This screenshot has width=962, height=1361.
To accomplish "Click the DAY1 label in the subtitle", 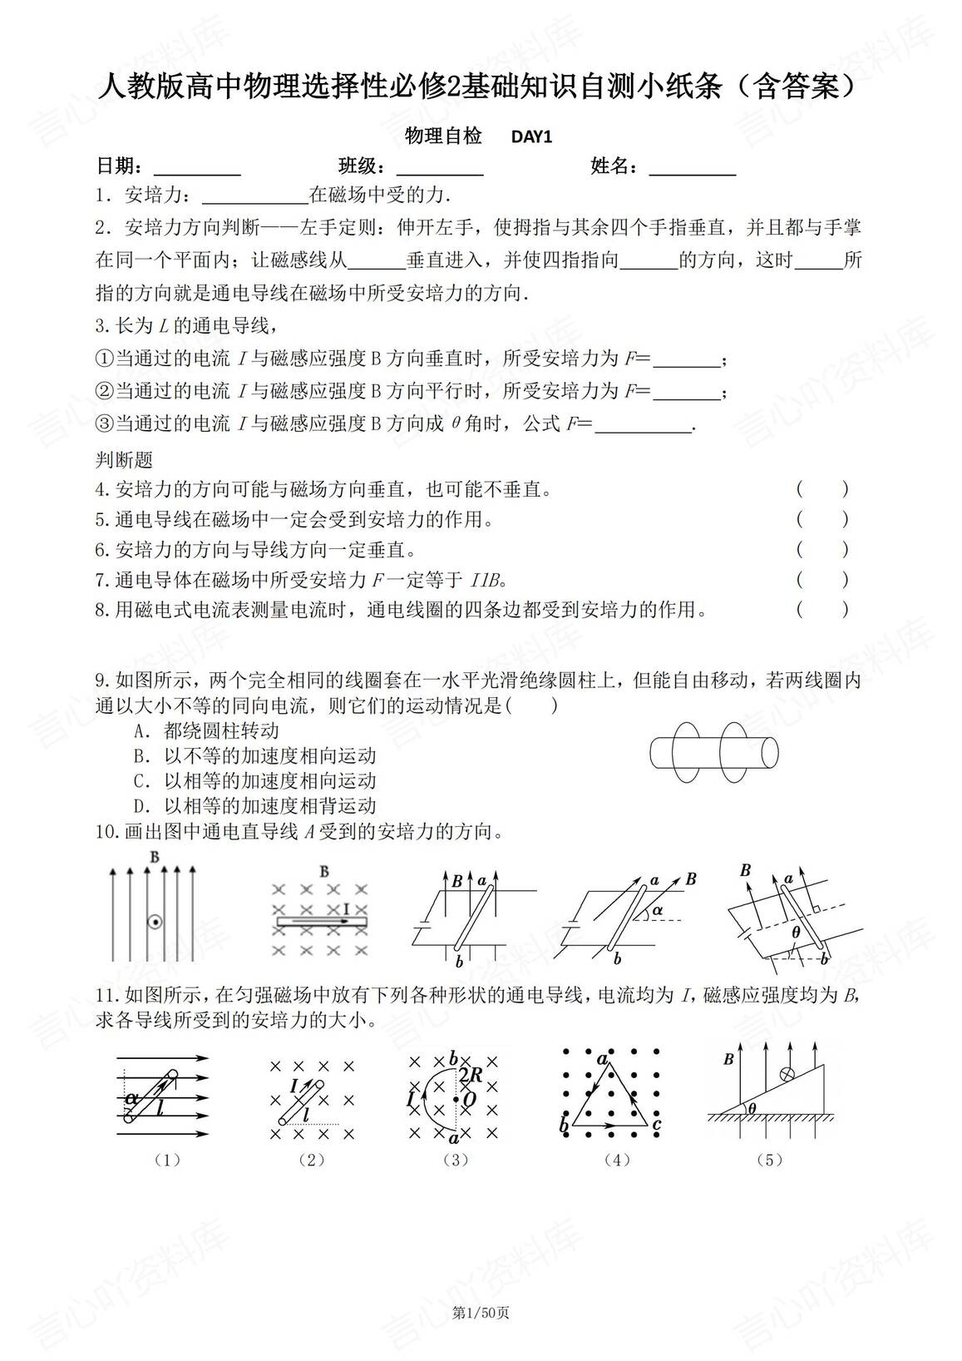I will (x=531, y=137).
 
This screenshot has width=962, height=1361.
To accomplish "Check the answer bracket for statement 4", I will (x=821, y=489).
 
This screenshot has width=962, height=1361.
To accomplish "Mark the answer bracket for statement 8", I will (x=821, y=610).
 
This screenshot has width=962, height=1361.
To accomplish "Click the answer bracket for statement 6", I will (x=821, y=549).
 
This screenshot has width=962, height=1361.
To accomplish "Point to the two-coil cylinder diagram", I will (x=713, y=751).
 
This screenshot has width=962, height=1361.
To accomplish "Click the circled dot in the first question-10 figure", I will (x=154, y=922).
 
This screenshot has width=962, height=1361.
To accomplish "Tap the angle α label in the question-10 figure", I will (x=657, y=910).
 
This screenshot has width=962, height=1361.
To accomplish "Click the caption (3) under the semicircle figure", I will (x=456, y=1160).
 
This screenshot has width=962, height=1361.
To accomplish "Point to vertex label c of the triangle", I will (x=656, y=1126).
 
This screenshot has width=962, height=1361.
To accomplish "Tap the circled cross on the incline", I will (x=784, y=1074).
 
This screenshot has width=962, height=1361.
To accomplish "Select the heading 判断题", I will (x=125, y=459).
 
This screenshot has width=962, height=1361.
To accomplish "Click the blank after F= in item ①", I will (x=687, y=361).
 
